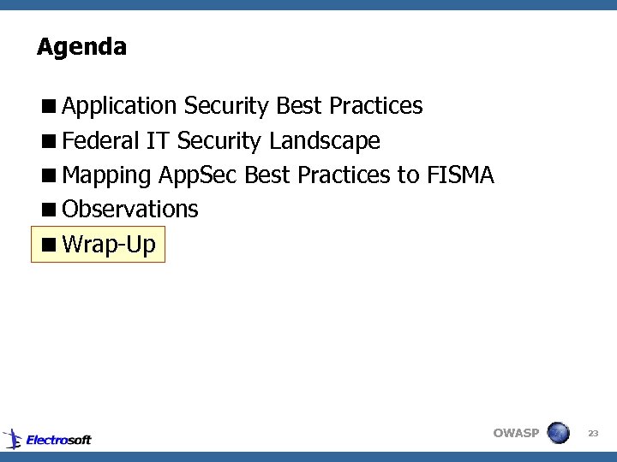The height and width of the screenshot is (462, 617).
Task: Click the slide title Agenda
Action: click(81, 46)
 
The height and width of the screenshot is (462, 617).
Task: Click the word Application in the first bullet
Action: click(119, 106)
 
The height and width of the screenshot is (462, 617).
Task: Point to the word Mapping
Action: click(107, 175)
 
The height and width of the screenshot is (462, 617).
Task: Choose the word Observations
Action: click(130, 209)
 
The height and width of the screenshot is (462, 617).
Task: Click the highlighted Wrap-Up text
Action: click(109, 245)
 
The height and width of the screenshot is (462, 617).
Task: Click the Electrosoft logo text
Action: click(58, 440)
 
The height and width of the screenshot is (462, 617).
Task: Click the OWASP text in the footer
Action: click(516, 433)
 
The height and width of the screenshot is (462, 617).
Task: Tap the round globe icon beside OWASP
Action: click(558, 433)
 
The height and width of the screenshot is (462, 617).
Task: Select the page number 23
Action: click(593, 434)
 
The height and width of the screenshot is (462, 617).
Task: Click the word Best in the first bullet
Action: click(300, 106)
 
